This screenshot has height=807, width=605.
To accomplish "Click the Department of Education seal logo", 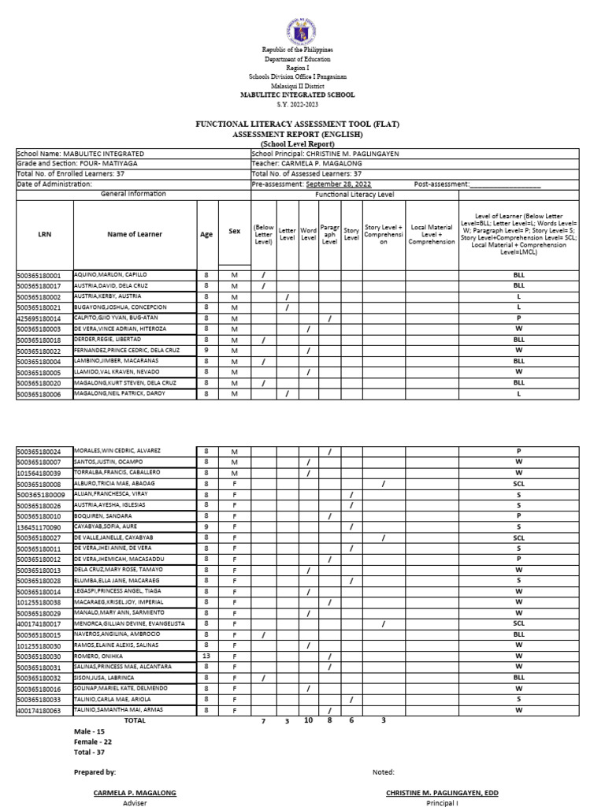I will pos(302,30).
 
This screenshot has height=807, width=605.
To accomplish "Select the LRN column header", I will pos(44,234).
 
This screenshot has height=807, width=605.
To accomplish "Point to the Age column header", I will pos(206,234).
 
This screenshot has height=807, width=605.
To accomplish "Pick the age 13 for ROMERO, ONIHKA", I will pos(206,656).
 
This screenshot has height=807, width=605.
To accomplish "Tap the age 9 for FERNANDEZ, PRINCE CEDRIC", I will pos(206,351).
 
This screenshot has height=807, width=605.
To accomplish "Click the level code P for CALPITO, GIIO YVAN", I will pos(518,318).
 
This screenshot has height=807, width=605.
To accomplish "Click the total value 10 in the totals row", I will pos(308,720).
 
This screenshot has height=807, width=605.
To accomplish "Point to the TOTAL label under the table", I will pos(135,720).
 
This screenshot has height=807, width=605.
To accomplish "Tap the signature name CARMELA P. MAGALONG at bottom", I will pos(135,792).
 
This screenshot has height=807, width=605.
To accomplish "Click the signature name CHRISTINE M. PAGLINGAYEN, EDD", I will pos(442,792).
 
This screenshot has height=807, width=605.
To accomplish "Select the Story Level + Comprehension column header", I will pos(383,234).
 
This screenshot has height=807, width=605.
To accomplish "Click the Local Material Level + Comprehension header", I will pos(431,234).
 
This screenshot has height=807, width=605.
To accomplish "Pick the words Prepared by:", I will pos(95,772).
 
